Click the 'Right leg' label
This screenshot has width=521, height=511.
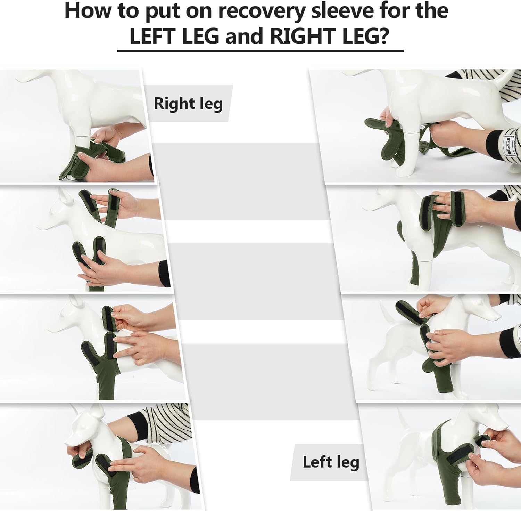click(188, 104)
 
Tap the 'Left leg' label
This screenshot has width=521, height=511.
click(331, 462)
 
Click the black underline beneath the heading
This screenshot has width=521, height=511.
click(260, 51)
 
